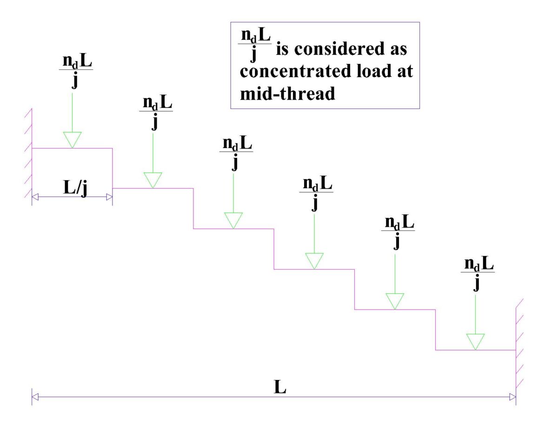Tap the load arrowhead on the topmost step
(x=73, y=140)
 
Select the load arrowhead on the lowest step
(x=476, y=341)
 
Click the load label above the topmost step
(x=76, y=71)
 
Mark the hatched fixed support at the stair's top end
(x=28, y=154)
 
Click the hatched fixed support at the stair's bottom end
(x=519, y=345)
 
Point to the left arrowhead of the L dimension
(x=35, y=397)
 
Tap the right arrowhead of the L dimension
(x=512, y=397)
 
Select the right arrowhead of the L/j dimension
(x=109, y=197)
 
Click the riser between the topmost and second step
(x=113, y=168)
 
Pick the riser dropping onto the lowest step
(x=436, y=330)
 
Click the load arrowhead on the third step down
(x=233, y=220)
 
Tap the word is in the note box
(x=284, y=50)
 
